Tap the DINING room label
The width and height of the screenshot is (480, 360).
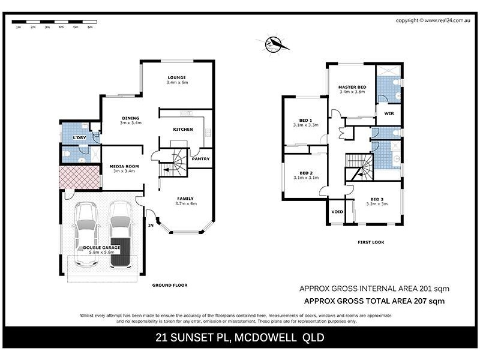pyautogui.click(x=130, y=118)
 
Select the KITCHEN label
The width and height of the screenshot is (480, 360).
pyautogui.click(x=182, y=130)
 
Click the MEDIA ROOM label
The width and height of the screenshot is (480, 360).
pyautogui.click(x=124, y=166)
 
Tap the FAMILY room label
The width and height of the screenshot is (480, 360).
pyautogui.click(x=185, y=199)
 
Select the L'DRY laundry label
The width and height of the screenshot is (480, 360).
pyautogui.click(x=78, y=139)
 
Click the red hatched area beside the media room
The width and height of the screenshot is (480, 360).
pyautogui.click(x=79, y=177)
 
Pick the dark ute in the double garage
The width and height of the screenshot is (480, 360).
pyautogui.click(x=121, y=237)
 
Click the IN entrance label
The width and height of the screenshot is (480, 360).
pyautogui.click(x=151, y=226)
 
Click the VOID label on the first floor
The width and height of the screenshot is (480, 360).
pyautogui.click(x=337, y=212)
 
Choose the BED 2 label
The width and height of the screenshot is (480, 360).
pyautogui.click(x=306, y=173)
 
